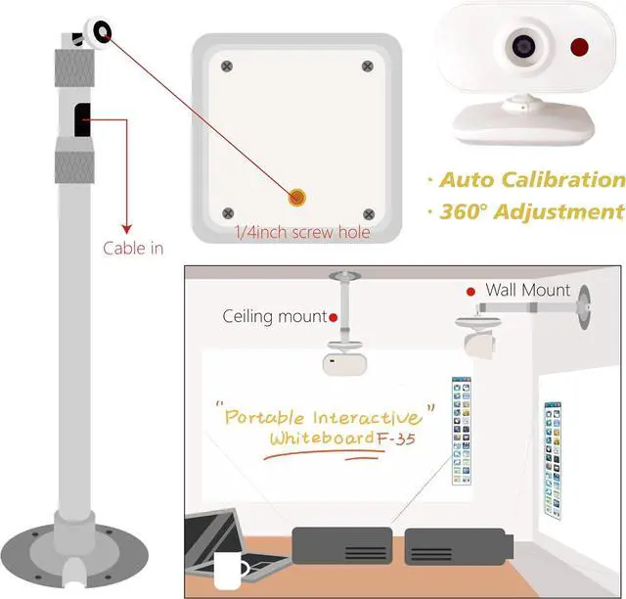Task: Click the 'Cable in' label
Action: click(x=133, y=248)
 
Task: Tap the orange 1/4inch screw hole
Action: click(x=296, y=197)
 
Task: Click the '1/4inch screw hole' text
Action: click(x=301, y=233)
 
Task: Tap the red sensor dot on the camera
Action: click(x=579, y=46)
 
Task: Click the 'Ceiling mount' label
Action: click(x=274, y=316)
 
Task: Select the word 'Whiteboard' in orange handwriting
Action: click(x=322, y=438)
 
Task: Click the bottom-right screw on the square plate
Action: click(x=368, y=213)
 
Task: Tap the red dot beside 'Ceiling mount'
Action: click(x=334, y=317)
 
